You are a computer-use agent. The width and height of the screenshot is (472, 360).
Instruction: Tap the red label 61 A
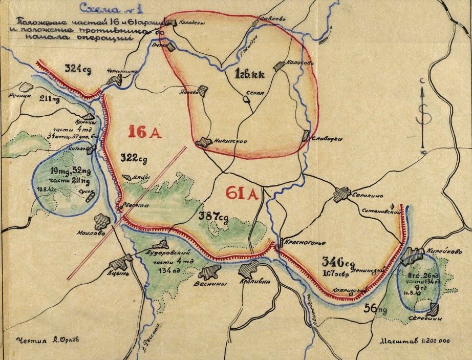241,193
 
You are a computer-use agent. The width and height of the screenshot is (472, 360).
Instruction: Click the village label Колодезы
191,23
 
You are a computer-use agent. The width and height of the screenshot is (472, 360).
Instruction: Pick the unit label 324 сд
78,69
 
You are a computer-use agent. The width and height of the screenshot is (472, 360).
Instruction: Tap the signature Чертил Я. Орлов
44,340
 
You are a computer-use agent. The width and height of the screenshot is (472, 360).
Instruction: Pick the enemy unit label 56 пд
377,308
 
